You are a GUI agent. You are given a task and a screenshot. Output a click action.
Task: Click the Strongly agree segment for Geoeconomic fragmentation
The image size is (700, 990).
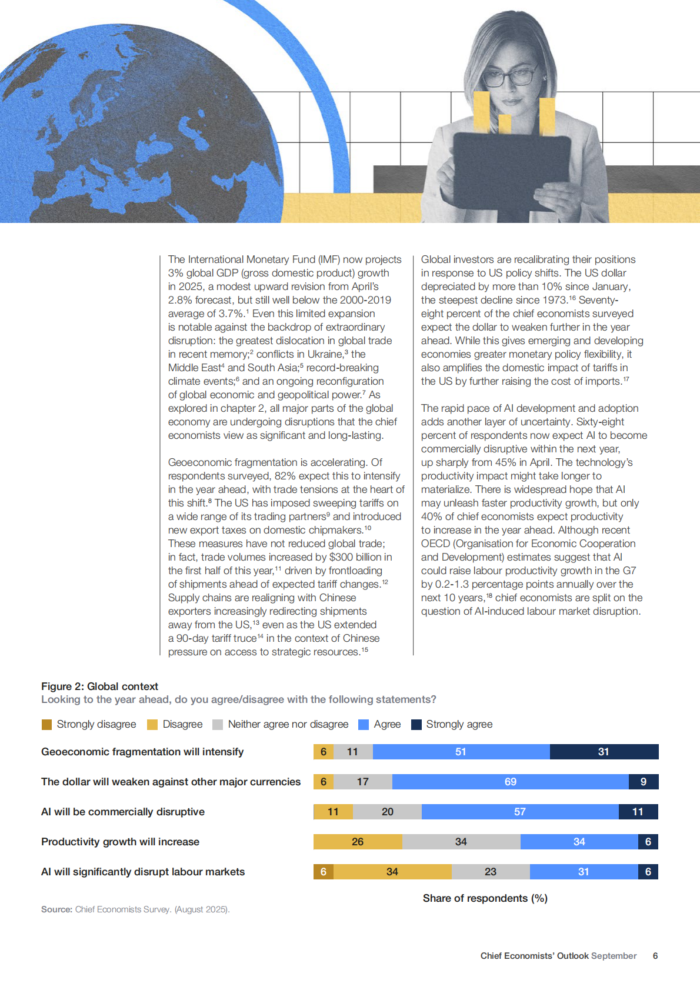coord(604,752)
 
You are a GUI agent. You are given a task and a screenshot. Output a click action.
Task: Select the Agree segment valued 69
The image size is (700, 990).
coord(510,782)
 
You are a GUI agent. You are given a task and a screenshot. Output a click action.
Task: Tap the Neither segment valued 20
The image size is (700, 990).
coord(387,812)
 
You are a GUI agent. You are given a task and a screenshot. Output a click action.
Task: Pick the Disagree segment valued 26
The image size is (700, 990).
coord(358,842)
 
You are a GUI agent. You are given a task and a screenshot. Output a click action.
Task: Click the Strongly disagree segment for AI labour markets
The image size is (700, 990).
coord(323,872)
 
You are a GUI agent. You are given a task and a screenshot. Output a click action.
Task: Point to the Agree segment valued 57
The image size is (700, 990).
coord(520,812)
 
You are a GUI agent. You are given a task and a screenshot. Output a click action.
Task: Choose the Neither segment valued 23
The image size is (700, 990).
coord(491,872)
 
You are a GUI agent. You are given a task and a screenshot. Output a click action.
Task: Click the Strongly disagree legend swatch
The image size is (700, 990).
coord(47,724)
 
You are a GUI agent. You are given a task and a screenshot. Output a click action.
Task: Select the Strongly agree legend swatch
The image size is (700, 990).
coord(416,724)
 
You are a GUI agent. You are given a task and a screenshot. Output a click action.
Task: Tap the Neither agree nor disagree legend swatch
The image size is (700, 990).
coord(218,724)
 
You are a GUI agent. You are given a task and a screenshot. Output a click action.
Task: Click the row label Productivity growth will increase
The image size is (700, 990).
coord(120,842)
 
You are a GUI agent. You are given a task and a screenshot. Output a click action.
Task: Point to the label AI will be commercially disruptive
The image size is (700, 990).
coord(123,812)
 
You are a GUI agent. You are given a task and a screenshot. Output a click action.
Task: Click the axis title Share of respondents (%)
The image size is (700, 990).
coord(485,898)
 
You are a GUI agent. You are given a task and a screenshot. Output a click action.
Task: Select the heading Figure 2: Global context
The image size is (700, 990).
coord(99,686)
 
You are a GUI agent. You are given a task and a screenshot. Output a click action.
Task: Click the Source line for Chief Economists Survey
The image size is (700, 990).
coord(135,909)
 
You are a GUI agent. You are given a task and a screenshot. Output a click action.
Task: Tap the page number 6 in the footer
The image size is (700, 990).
coord(655,956)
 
